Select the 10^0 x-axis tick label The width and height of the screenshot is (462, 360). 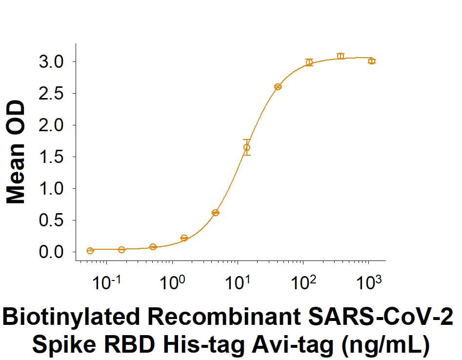point(172,283)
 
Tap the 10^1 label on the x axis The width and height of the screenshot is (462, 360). point(238,283)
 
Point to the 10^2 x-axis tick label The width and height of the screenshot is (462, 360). point(303,283)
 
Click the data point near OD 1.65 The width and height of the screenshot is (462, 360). point(247,147)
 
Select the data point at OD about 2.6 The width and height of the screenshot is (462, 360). point(278,87)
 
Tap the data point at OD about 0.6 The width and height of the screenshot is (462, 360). point(215,213)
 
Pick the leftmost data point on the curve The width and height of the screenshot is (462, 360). point(90,251)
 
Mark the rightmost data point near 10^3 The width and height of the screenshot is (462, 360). point(372,61)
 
